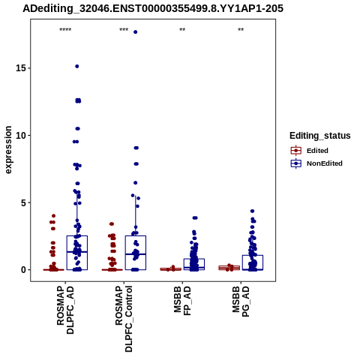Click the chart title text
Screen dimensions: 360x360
153,8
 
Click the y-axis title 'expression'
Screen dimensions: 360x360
8,150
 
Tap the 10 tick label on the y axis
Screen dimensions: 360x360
21,135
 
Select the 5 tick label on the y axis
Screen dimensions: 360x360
24,202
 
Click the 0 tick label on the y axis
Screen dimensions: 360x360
24,270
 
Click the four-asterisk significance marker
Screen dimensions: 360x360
65,30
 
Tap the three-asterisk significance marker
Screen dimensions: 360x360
124,30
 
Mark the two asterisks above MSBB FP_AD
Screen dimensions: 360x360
182,30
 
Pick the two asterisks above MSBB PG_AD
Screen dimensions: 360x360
241,30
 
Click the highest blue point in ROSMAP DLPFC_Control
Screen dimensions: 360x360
136,32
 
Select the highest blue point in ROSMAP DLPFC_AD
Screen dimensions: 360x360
77,66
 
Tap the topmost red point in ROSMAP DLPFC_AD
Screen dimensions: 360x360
53,216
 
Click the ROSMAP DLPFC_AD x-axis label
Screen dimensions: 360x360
65,310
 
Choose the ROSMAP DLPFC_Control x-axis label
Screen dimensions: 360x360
124,319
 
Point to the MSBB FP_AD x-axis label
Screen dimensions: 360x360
182,301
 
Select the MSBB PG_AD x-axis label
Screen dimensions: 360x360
241,301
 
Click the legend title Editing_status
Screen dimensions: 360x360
320,136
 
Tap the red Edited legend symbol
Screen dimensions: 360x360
296,151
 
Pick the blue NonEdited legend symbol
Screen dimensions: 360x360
296,163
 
